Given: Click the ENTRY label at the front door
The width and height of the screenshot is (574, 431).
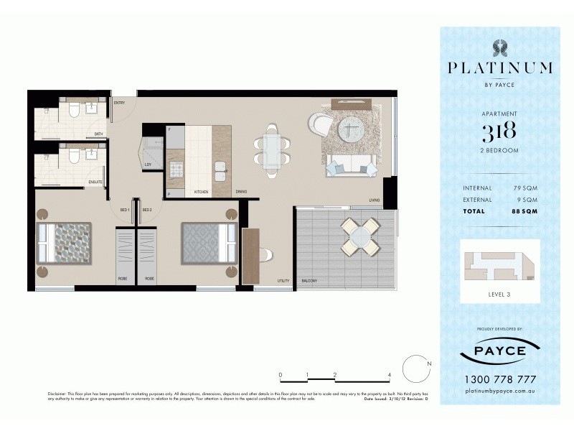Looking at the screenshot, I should click(119, 103).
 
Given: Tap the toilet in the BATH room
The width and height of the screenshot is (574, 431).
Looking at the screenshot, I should click(73, 110).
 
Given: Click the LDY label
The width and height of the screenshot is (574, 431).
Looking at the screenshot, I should click(148, 164).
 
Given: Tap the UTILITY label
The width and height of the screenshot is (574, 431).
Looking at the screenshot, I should click(283, 281).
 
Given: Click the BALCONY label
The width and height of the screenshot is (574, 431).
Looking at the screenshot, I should click(309, 281).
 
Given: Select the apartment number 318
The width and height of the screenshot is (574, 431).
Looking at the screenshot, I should click(499, 131).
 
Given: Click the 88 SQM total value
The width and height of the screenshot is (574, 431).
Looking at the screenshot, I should click(524, 211).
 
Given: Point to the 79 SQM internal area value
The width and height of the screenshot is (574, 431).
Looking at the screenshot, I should click(525, 188).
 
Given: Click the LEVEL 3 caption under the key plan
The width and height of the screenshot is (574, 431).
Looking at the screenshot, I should click(499, 295).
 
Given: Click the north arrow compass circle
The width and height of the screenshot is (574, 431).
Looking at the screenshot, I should click(415, 369).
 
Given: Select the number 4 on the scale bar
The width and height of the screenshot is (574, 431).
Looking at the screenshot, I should click(389, 374).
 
